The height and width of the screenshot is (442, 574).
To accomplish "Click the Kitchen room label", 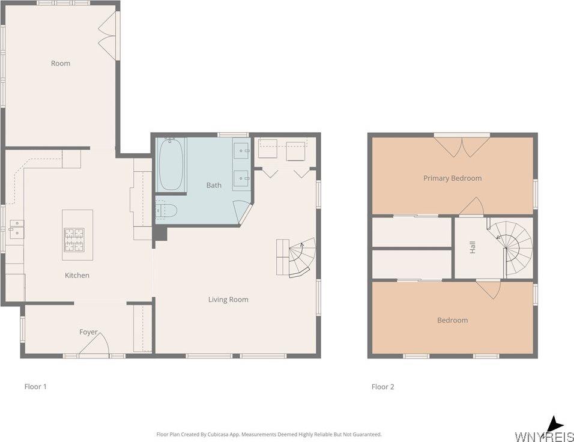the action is point(77,276).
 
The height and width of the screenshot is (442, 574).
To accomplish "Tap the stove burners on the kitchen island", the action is point(74,240).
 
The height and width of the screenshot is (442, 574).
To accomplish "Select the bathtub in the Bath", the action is point(171,164).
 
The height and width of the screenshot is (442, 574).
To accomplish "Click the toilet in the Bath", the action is point(166,211).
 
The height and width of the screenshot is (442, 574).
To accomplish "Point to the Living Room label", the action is point(228,300).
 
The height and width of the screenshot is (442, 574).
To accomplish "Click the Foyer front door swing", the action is point(94,343).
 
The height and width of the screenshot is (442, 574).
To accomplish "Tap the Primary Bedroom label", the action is point(453,178).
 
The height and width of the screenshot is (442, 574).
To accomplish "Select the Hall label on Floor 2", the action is point(473,247).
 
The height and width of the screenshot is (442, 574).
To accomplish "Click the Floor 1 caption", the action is point(35,387).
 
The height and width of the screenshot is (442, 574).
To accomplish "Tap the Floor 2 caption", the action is point(383,387).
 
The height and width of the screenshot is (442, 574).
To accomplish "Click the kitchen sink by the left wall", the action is point(16,229).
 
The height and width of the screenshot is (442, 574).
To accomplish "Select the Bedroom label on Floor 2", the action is point(453,321).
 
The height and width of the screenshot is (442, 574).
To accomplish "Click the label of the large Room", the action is point(61,63).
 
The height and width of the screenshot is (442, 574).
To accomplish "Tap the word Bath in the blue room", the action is point(214,186).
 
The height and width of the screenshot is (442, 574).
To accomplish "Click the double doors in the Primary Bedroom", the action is point(462,147).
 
